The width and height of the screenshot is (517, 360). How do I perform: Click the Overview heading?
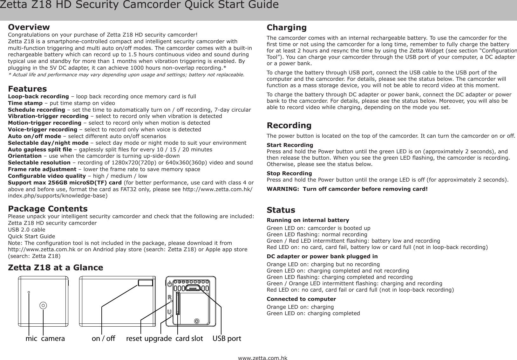29,27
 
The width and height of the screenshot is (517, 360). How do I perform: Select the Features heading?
27,89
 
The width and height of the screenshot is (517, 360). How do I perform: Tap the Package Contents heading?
48,209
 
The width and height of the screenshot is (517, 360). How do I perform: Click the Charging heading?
287,27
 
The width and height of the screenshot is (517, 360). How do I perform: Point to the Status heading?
281,210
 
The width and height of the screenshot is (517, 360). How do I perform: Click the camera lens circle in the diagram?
44,305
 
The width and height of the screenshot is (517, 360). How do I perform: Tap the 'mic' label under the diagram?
31,338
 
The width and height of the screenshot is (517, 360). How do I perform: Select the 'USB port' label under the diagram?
227,338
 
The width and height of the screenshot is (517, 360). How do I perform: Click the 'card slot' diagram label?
189,338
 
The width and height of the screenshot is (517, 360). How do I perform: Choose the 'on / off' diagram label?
103,338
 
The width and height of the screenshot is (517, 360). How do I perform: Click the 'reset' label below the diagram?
134,338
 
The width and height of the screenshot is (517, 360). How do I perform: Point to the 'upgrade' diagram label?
158,338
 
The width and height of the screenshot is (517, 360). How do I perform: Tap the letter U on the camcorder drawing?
170,311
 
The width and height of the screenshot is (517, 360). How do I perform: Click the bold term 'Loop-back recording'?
38,96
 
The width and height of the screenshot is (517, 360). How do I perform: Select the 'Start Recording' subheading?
289,145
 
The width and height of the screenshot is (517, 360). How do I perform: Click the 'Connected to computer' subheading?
301,299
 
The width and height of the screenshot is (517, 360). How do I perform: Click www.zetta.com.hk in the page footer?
262,358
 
